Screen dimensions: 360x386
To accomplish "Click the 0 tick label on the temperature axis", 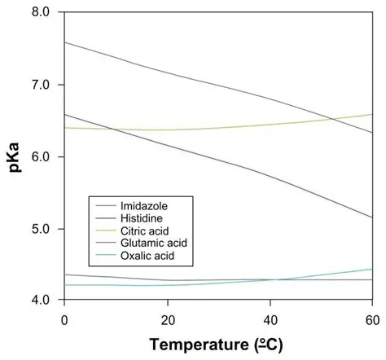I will pyautogui.click(x=64, y=319).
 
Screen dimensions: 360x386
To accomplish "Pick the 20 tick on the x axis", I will pyautogui.click(x=166, y=319).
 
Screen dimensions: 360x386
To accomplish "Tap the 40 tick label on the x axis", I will pyautogui.click(x=269, y=319).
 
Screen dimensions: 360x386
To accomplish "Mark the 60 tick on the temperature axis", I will pyautogui.click(x=371, y=319).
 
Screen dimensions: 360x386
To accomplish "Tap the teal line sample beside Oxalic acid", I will pyautogui.click(x=107, y=257).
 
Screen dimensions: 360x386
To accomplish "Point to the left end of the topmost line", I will pyautogui.click(x=64, y=42).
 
